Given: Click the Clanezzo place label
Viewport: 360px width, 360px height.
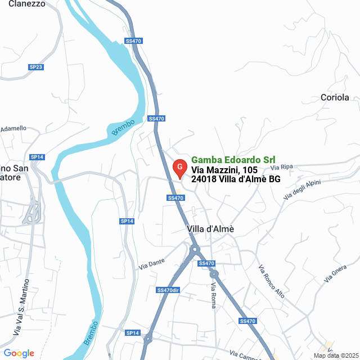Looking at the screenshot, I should tap(26, 3).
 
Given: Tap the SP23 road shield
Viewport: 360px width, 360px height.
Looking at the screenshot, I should tap(36, 67).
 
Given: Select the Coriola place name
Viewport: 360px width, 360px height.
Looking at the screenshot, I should tap(335, 97).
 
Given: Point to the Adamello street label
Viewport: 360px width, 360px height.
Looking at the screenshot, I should tap(13, 129).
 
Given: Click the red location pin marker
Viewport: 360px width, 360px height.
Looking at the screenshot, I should tap(179, 168).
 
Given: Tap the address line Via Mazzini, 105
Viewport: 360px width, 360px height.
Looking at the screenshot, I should tap(224, 170).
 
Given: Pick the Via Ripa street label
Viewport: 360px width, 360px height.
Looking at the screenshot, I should tap(282, 167).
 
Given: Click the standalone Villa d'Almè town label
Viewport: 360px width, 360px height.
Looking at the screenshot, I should tap(210, 229).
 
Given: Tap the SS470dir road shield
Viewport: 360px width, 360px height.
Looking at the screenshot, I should tap(168, 290).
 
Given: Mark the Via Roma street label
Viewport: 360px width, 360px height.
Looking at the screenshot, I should tap(213, 295).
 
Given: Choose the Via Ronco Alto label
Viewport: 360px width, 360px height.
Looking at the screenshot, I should tap(272, 282).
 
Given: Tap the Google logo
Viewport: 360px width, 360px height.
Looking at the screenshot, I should tap(19, 353).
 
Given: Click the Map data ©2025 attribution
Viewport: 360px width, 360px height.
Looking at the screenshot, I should tap(335, 355).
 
